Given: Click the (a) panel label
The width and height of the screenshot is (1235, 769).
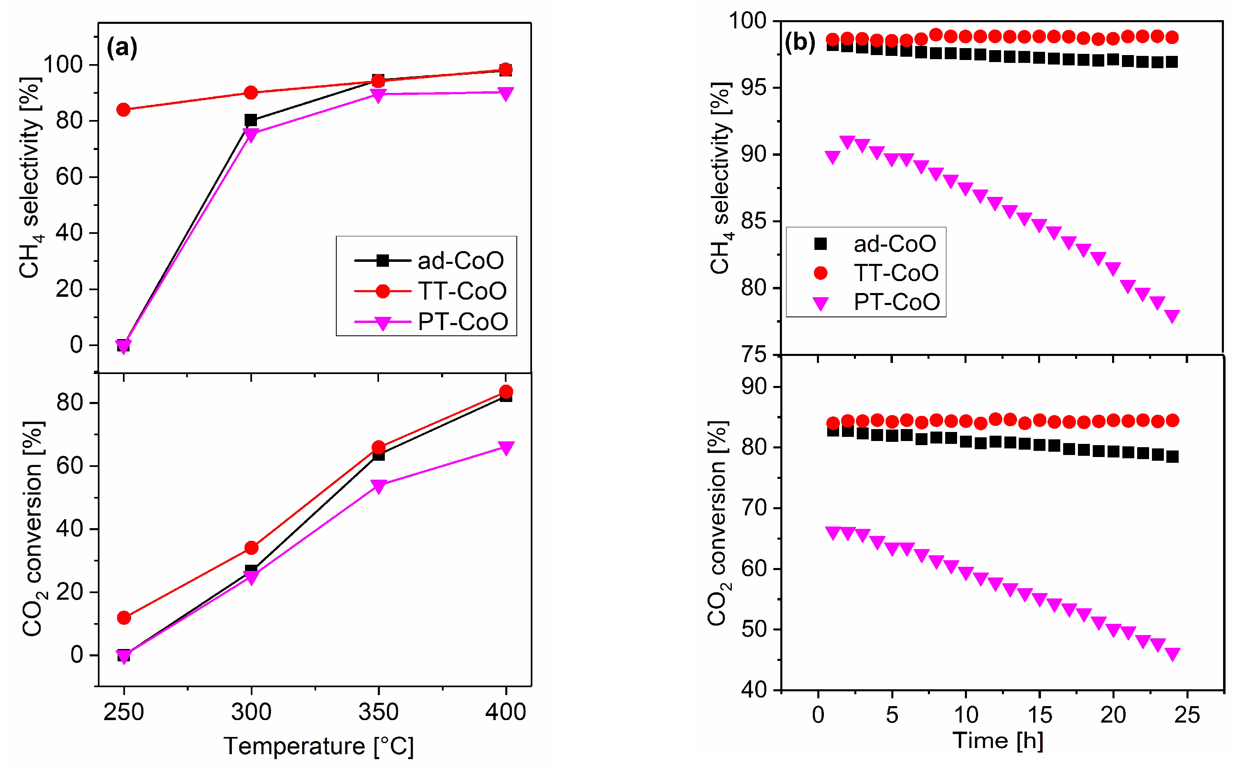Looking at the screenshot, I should click(122, 48).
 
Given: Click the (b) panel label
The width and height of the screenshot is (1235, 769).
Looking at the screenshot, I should click(800, 42).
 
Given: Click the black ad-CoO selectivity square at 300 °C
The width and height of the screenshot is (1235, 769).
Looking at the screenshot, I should click(251, 120).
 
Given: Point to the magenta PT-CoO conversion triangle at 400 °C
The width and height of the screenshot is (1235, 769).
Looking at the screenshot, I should click(506, 448).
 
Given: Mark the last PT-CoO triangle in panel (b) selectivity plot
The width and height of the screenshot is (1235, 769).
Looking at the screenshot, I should click(1172, 316).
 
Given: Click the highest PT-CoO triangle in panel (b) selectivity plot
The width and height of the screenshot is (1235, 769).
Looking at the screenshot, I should click(847, 142).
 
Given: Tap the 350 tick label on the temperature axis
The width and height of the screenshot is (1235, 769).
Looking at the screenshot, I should click(378, 712).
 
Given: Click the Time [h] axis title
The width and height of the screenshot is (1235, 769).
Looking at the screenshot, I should click(997, 741).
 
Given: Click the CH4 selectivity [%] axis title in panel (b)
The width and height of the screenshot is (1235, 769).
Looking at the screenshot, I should click(721, 178).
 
